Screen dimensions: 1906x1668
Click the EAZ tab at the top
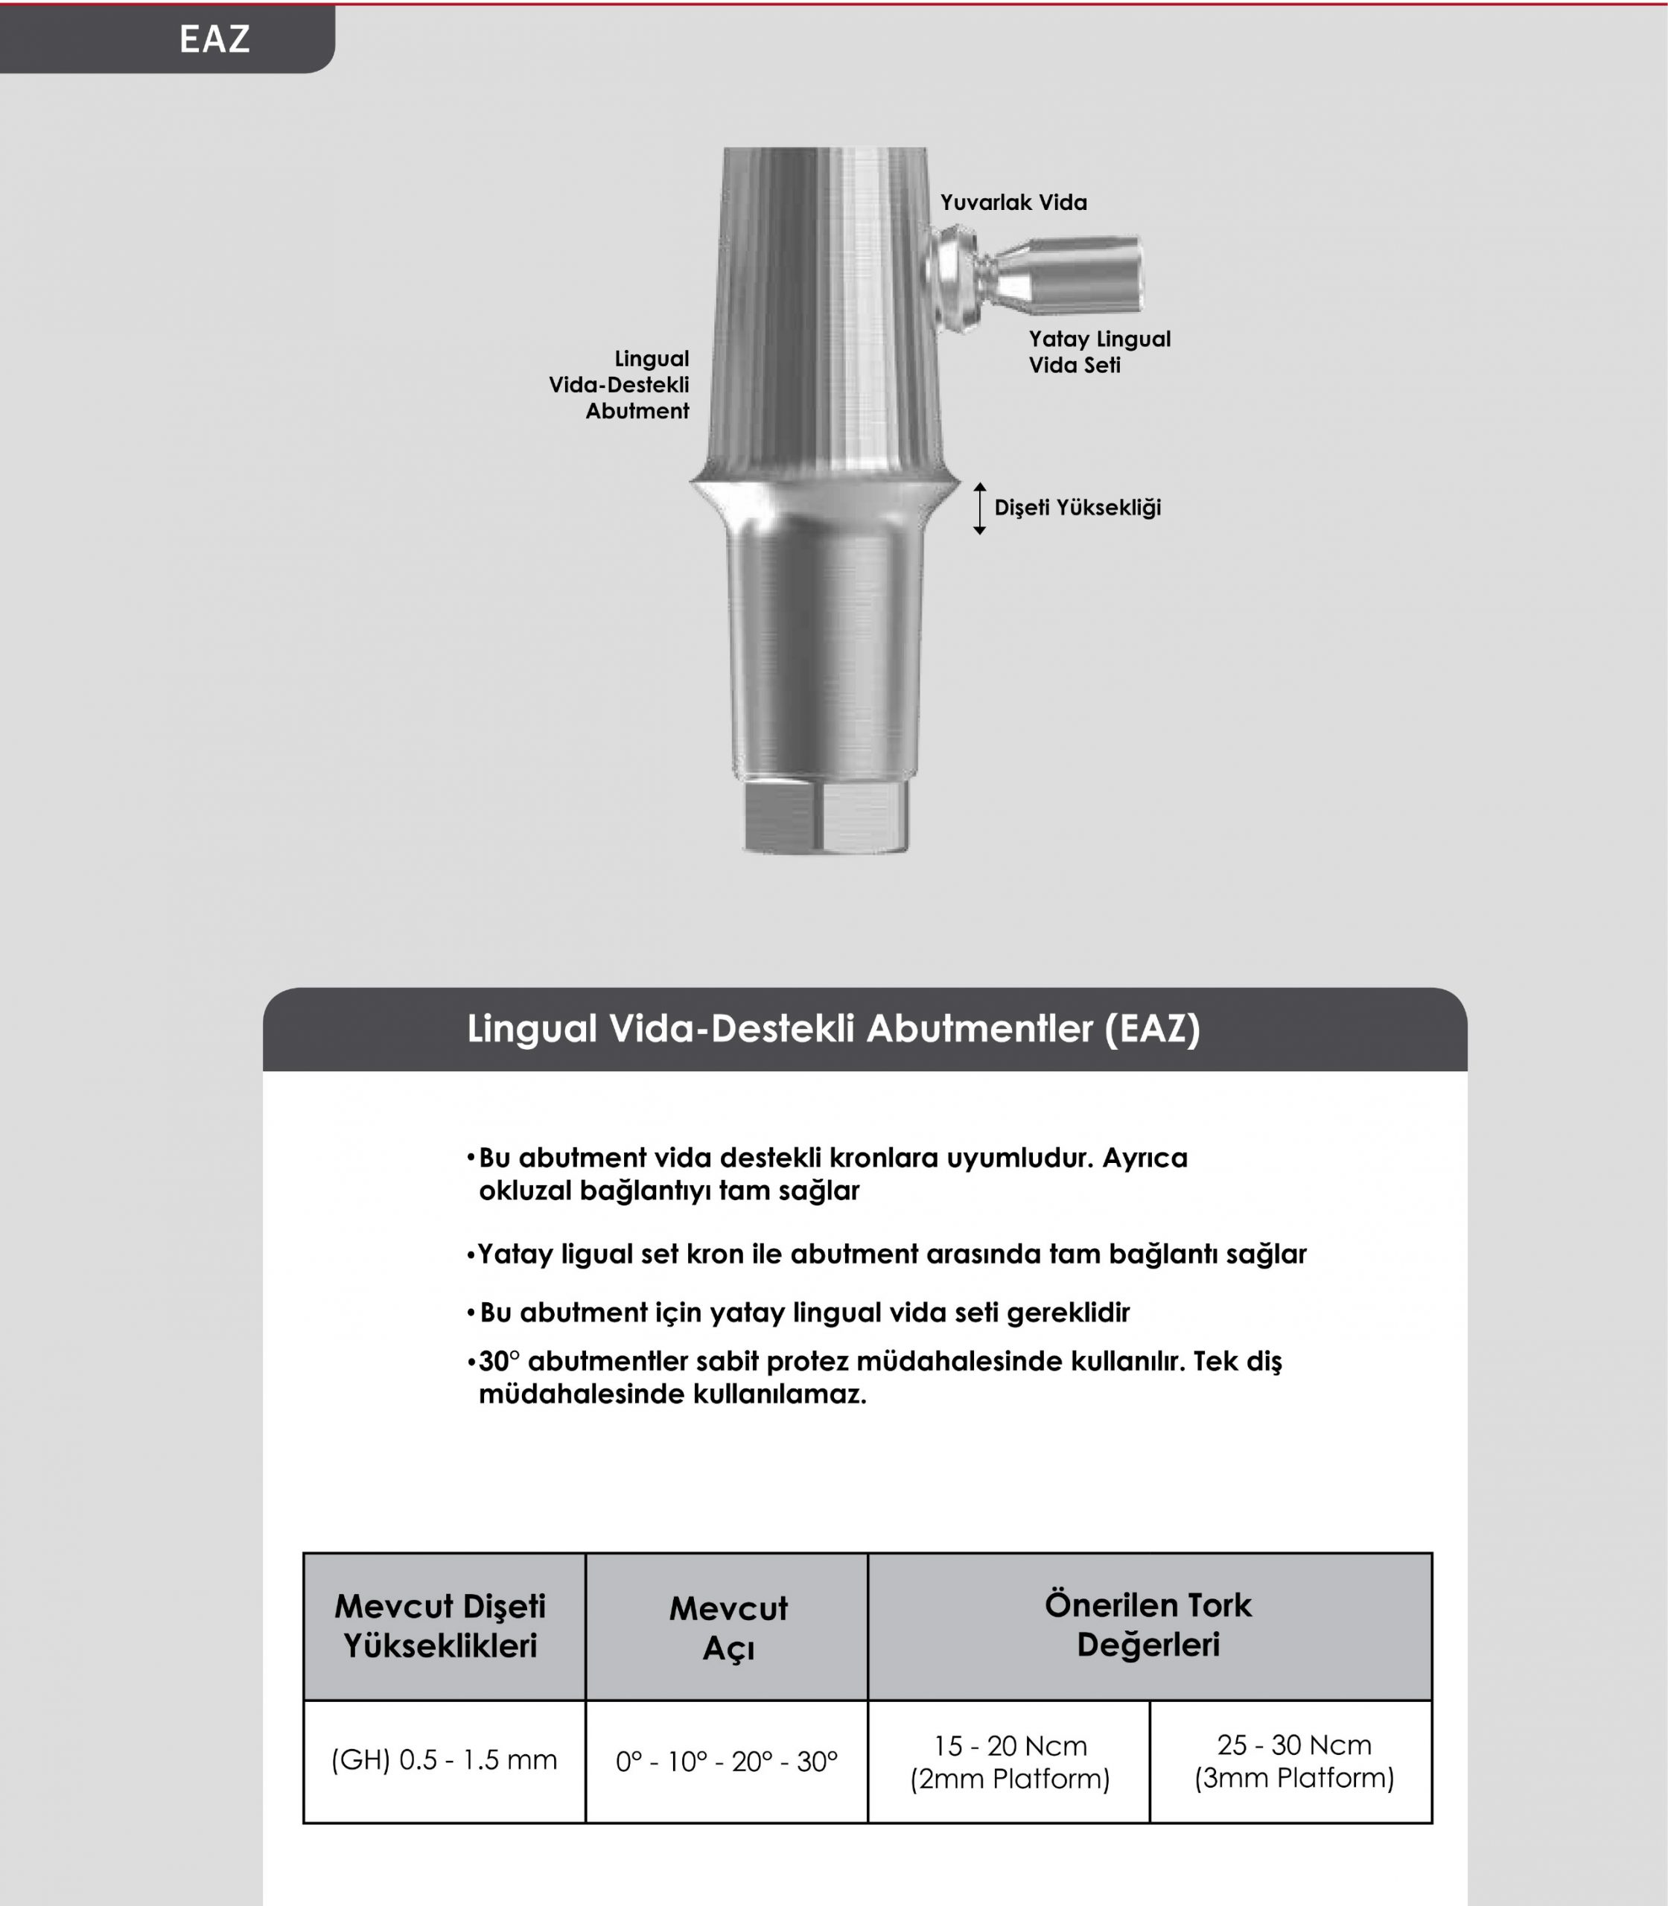pyautogui.click(x=214, y=39)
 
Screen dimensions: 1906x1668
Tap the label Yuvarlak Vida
pyautogui.click(x=1013, y=203)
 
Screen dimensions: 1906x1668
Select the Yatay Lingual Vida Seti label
pyautogui.click(x=1098, y=351)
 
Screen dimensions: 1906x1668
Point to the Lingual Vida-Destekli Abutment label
pyautogui.click(x=620, y=384)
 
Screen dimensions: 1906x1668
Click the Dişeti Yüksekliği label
pyautogui.click(x=1077, y=508)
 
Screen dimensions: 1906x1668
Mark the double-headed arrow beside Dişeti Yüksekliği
pyautogui.click(x=979, y=508)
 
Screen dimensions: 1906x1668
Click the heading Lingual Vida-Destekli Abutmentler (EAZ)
pyautogui.click(x=833, y=1029)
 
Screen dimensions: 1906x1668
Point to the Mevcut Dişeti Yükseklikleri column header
pyautogui.click(x=440, y=1626)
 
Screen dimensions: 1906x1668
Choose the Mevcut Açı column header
pyautogui.click(x=728, y=1627)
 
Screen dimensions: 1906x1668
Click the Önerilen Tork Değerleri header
pyautogui.click(x=1147, y=1625)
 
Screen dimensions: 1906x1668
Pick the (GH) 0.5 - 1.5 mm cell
pyautogui.click(x=444, y=1760)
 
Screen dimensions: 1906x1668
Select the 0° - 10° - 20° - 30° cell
pyautogui.click(x=727, y=1762)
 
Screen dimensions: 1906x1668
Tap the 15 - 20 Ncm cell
pyautogui.click(x=1010, y=1762)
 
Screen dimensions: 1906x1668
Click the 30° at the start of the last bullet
pyautogui.click(x=499, y=1362)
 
